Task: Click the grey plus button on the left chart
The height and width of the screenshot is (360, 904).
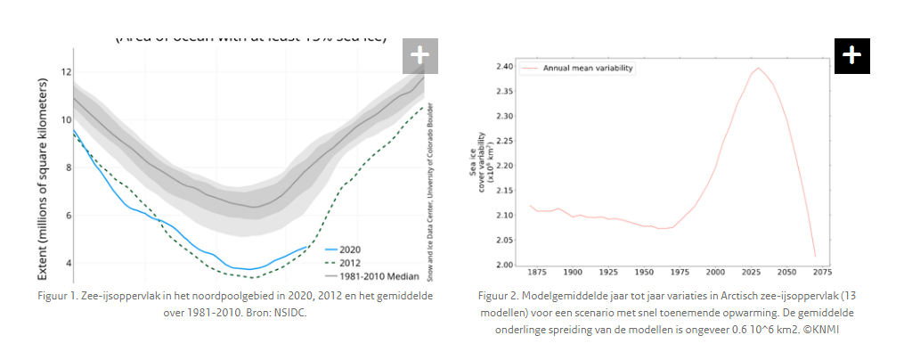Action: tap(419, 56)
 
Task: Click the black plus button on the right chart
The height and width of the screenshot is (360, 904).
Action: tap(851, 55)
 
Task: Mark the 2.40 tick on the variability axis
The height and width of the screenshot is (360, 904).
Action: tap(503, 67)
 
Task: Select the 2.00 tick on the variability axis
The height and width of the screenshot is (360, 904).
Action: tap(503, 266)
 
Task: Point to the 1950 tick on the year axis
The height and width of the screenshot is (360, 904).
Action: tap(645, 272)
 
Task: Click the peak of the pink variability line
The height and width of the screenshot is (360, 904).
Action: tap(759, 68)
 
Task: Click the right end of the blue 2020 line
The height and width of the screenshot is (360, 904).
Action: tap(308, 246)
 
